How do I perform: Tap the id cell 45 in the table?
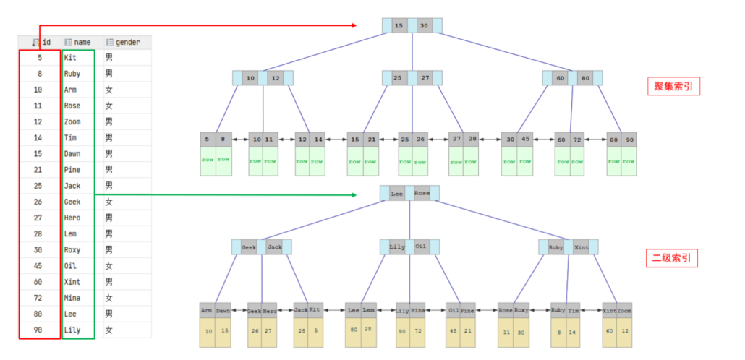click(x=38, y=265)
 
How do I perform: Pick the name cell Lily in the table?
click(x=72, y=330)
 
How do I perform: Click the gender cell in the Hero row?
click(x=108, y=218)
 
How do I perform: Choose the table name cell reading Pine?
click(x=72, y=169)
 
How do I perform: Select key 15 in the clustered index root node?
click(x=399, y=26)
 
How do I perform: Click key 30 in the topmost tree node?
click(x=425, y=26)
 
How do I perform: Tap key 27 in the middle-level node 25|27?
click(x=425, y=77)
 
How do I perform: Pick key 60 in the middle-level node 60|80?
click(x=560, y=77)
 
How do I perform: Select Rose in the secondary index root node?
click(x=422, y=194)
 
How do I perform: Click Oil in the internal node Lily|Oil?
click(x=421, y=247)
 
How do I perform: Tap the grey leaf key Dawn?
click(x=222, y=310)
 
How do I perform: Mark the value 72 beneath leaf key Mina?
click(x=417, y=331)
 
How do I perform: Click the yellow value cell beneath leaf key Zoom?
click(x=623, y=331)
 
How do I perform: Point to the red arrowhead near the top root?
click(x=355, y=25)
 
